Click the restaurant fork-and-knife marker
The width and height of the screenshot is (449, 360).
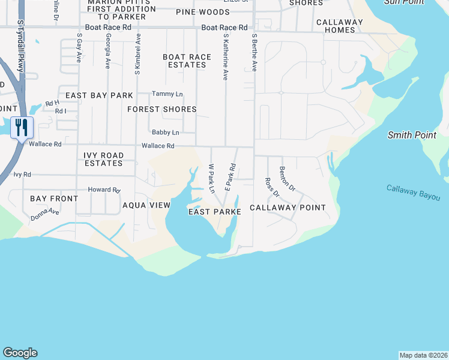(x=22, y=128)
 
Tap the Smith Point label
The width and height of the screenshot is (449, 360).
(x=412, y=135)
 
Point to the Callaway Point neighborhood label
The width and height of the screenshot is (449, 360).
(x=288, y=208)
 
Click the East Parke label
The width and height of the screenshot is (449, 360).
(x=215, y=212)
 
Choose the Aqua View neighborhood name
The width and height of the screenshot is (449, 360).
(x=146, y=205)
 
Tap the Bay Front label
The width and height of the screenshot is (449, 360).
(x=54, y=199)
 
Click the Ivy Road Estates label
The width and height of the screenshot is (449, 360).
(x=104, y=159)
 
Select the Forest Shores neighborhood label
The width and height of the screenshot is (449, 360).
(x=162, y=109)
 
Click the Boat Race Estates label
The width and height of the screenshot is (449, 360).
(x=187, y=61)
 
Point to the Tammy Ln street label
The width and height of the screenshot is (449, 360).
(x=167, y=94)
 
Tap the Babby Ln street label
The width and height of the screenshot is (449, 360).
(x=165, y=132)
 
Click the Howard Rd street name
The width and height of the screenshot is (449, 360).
(x=104, y=190)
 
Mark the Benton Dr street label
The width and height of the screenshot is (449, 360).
(x=288, y=178)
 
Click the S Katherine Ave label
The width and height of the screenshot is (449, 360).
(x=226, y=57)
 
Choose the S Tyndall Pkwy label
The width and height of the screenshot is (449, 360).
(x=20, y=46)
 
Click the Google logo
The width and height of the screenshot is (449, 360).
(x=20, y=353)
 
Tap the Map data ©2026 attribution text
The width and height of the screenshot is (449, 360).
(x=423, y=355)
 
